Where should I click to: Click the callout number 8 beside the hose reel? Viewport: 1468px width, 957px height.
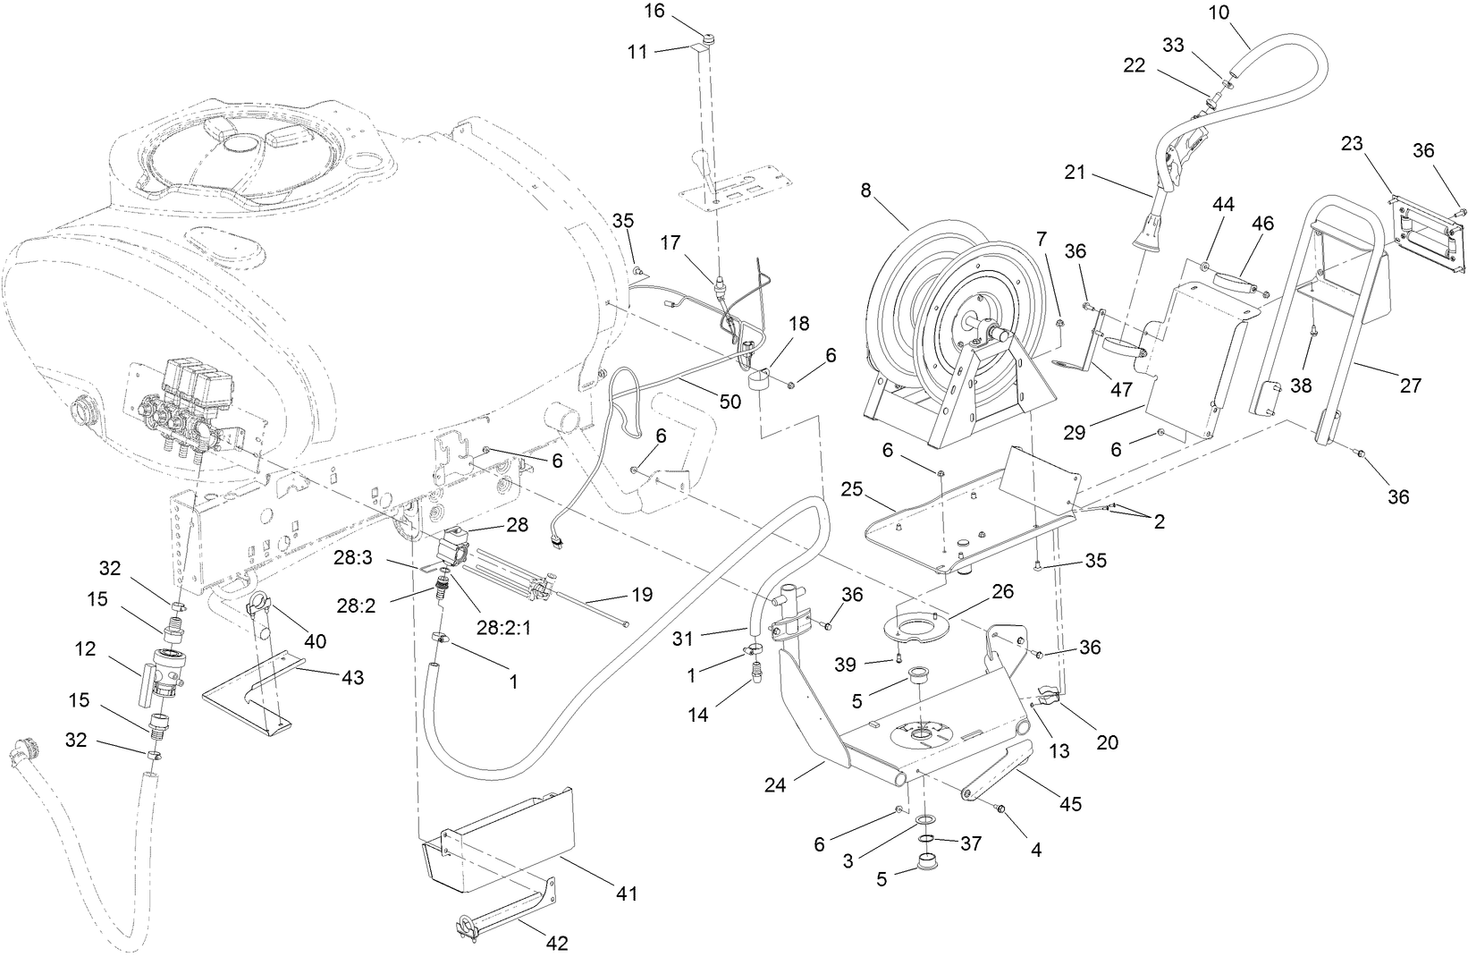pos(865,190)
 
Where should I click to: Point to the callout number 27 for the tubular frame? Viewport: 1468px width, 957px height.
pos(1410,385)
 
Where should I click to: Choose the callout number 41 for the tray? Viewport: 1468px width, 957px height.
pos(628,893)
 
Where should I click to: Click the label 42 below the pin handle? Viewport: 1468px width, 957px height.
pos(558,942)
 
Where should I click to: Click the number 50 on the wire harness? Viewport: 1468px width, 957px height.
pos(730,402)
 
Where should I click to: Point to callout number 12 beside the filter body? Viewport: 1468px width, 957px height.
pos(86,649)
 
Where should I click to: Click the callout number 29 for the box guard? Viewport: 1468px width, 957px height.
pos(1075,432)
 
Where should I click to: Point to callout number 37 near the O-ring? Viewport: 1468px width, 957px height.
pos(971,843)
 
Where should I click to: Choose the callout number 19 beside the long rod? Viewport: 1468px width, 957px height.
pos(641,594)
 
